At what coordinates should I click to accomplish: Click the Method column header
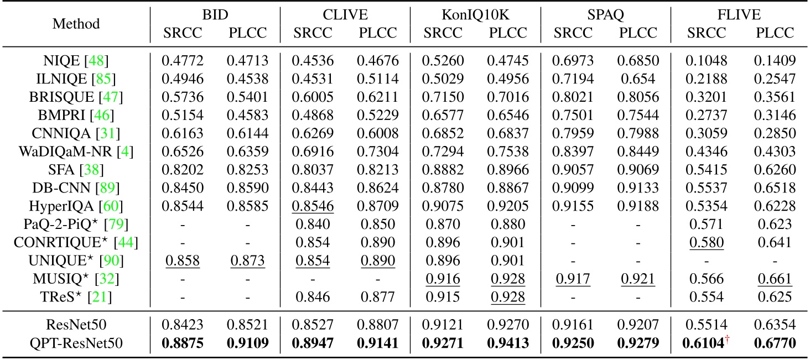[x=76, y=24]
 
